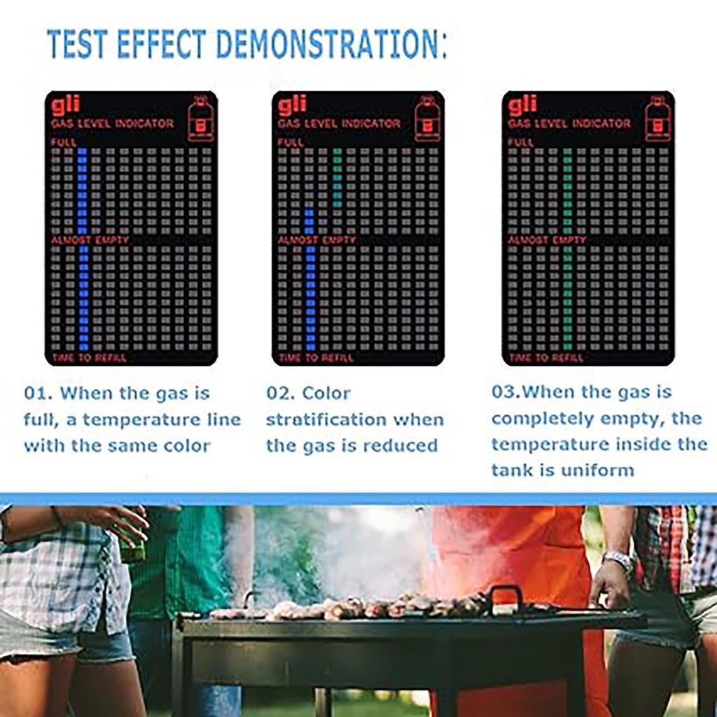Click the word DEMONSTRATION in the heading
[x=328, y=44]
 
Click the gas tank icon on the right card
[x=657, y=118]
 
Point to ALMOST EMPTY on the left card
[x=90, y=239]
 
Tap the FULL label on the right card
[x=521, y=142]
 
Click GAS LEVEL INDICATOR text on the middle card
[x=340, y=123]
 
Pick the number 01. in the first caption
[x=38, y=393]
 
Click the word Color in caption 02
[x=326, y=393]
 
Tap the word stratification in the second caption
[x=323, y=419]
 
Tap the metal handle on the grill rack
[x=506, y=596]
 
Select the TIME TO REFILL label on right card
[x=547, y=358]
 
